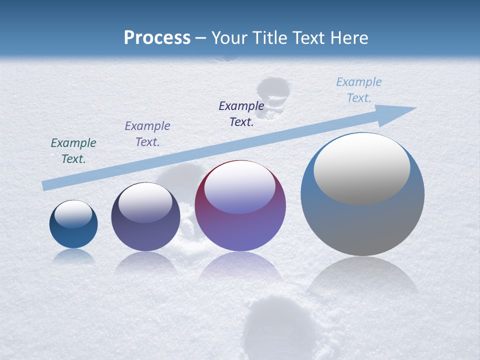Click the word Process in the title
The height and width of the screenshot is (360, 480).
tap(157, 37)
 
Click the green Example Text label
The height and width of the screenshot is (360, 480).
tap(73, 150)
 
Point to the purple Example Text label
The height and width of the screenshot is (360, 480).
tap(147, 133)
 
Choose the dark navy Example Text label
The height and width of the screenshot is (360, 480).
tap(241, 113)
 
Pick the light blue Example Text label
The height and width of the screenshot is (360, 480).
tap(358, 89)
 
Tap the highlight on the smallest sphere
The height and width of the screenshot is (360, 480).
tap(73, 214)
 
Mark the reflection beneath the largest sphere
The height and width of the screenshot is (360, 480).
tap(362, 275)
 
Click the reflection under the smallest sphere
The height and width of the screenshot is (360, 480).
tap(73, 256)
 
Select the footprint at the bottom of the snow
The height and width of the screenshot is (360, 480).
tap(280, 325)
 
